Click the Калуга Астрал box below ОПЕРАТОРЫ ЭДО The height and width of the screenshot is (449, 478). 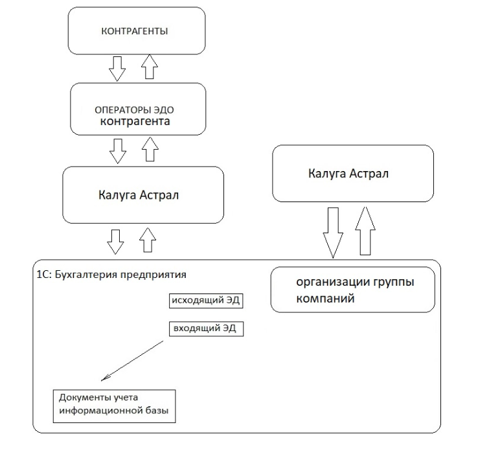pyautogui.click(x=142, y=194)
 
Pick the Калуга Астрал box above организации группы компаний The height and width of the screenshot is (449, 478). pyautogui.click(x=352, y=173)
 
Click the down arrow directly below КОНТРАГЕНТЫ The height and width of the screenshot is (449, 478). pyautogui.click(x=117, y=68)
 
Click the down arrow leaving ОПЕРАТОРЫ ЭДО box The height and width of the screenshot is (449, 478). pyautogui.click(x=117, y=150)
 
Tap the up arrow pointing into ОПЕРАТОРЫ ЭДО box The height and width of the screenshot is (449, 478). pyautogui.click(x=149, y=150)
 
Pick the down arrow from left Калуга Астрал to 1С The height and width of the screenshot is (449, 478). pyautogui.click(x=115, y=240)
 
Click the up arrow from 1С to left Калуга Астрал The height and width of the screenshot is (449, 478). pyautogui.click(x=148, y=240)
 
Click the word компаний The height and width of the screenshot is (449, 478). pyautogui.click(x=325, y=300)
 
